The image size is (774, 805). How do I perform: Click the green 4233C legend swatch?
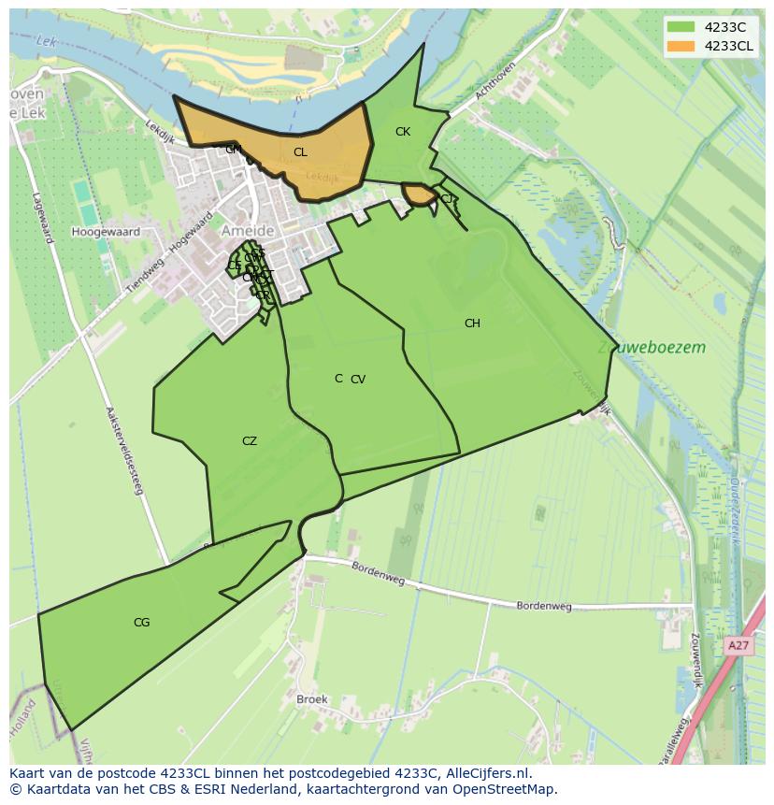coord(681,27)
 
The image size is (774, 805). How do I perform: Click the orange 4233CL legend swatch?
coord(681,46)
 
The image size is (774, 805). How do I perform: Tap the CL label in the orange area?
coord(300,152)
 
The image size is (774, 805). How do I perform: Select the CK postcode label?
coord(403,132)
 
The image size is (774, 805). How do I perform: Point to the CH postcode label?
coord(472,323)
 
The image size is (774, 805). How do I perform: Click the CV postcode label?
coord(358,380)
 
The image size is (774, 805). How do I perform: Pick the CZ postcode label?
coord(250,441)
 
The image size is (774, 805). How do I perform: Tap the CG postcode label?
coord(141,623)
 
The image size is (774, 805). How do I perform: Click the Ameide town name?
coord(248,230)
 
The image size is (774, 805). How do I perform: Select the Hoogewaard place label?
coord(106,232)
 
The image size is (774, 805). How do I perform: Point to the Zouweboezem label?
coord(652,348)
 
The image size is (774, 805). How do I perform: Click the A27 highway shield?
coord(738,645)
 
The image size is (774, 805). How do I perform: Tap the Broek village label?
coord(311,699)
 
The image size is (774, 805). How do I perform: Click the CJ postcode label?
coord(447,199)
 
